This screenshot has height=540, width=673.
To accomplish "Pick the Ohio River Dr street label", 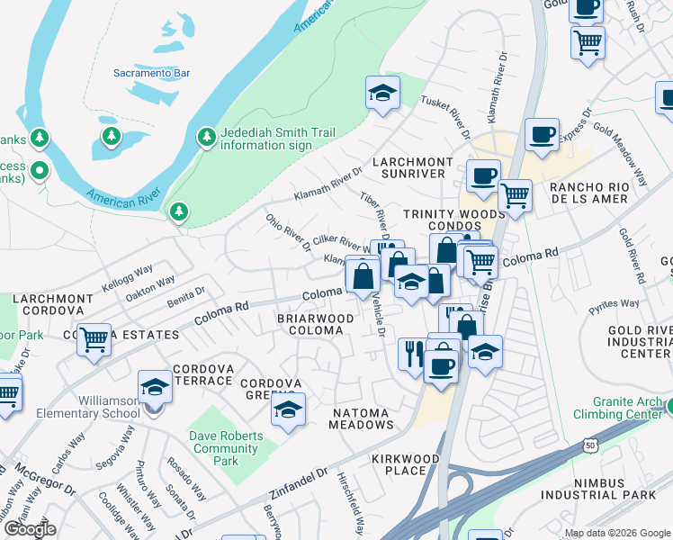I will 287,232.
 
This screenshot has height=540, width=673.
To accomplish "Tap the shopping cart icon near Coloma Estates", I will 94,339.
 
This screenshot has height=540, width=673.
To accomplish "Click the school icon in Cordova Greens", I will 287,410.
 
